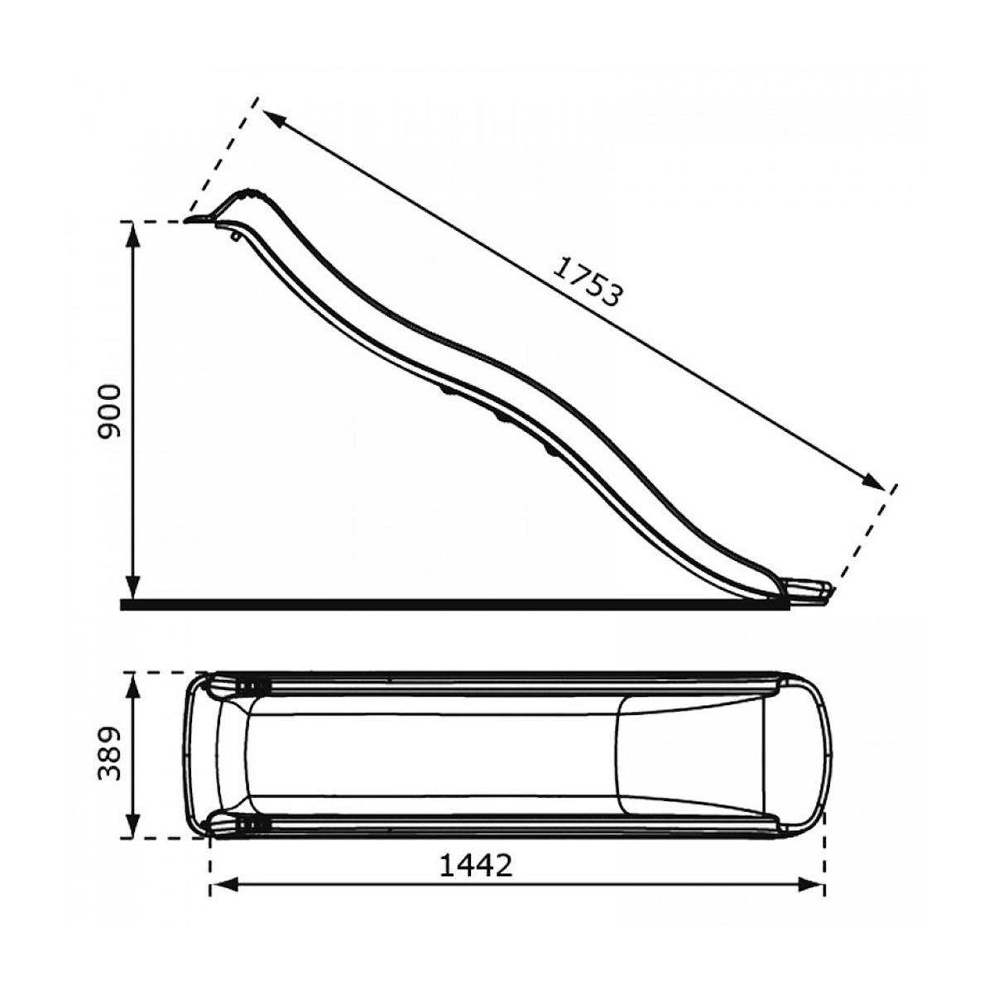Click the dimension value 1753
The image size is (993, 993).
tap(587, 282)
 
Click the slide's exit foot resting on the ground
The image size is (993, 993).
tap(811, 591)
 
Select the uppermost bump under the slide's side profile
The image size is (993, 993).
tap(447, 387)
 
